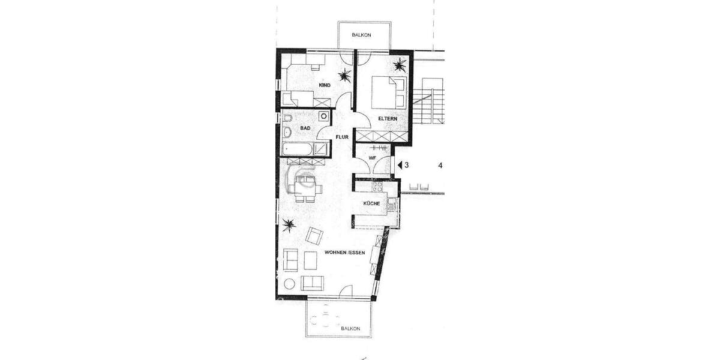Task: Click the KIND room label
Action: pos(325,86)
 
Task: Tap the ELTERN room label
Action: pos(387,119)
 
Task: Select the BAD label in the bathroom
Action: pos(305,128)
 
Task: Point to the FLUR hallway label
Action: pos(343,137)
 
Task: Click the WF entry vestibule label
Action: pos(372,158)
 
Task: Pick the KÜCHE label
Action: pos(371,204)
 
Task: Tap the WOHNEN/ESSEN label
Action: pos(344,253)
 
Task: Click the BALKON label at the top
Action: pos(361,35)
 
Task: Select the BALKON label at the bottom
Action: pos(350,329)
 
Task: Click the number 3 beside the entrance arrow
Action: pos(406,165)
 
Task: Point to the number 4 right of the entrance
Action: pos(440,165)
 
